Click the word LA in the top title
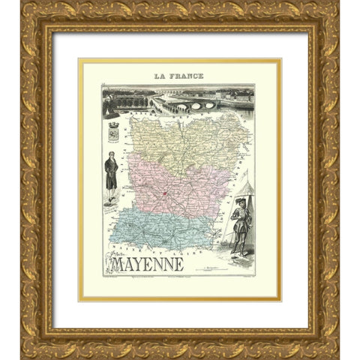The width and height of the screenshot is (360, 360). coord(160,76)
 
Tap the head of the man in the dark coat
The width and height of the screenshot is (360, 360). coord(111,155)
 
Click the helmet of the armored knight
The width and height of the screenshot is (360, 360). coord(239,203)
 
